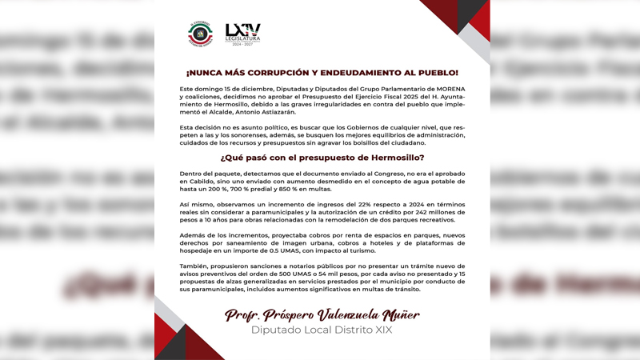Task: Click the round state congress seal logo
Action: point(200,34)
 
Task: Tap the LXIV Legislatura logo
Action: point(242,34)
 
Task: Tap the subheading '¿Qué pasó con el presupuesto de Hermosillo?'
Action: point(322,158)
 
